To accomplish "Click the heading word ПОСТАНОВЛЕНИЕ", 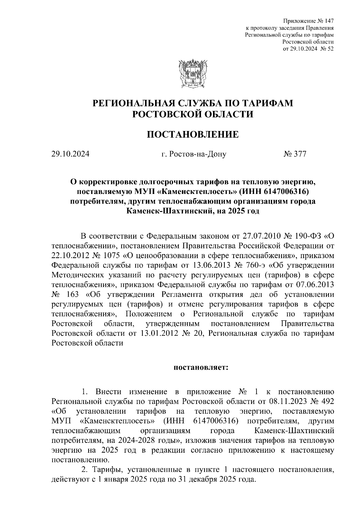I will tap(193, 135).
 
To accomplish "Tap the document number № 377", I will tap(295, 154).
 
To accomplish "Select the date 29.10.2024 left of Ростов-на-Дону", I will tap(70, 154).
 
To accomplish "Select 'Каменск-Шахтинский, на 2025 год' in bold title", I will tap(193, 211).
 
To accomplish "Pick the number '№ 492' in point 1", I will tap(323, 401).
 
